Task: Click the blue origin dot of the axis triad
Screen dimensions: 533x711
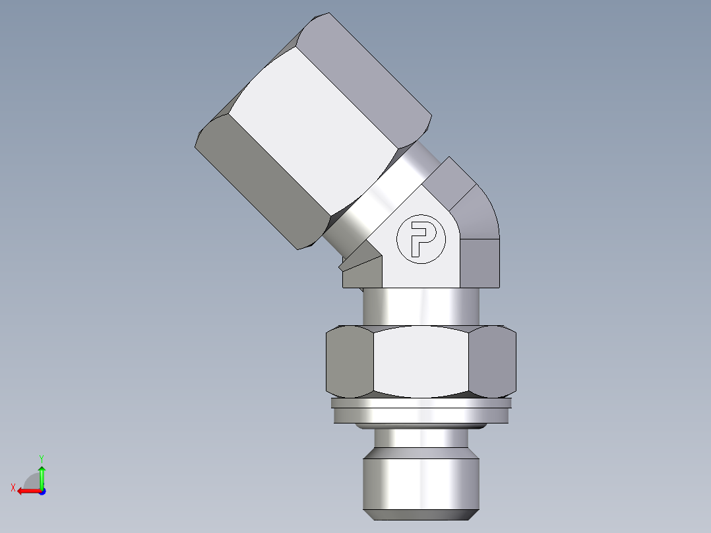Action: click(42, 491)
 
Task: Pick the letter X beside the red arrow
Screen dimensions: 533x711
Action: click(13, 487)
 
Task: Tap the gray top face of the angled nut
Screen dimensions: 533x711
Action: click(376, 66)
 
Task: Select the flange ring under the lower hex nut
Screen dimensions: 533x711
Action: click(421, 413)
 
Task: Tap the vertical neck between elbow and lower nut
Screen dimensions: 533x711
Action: click(421, 307)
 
